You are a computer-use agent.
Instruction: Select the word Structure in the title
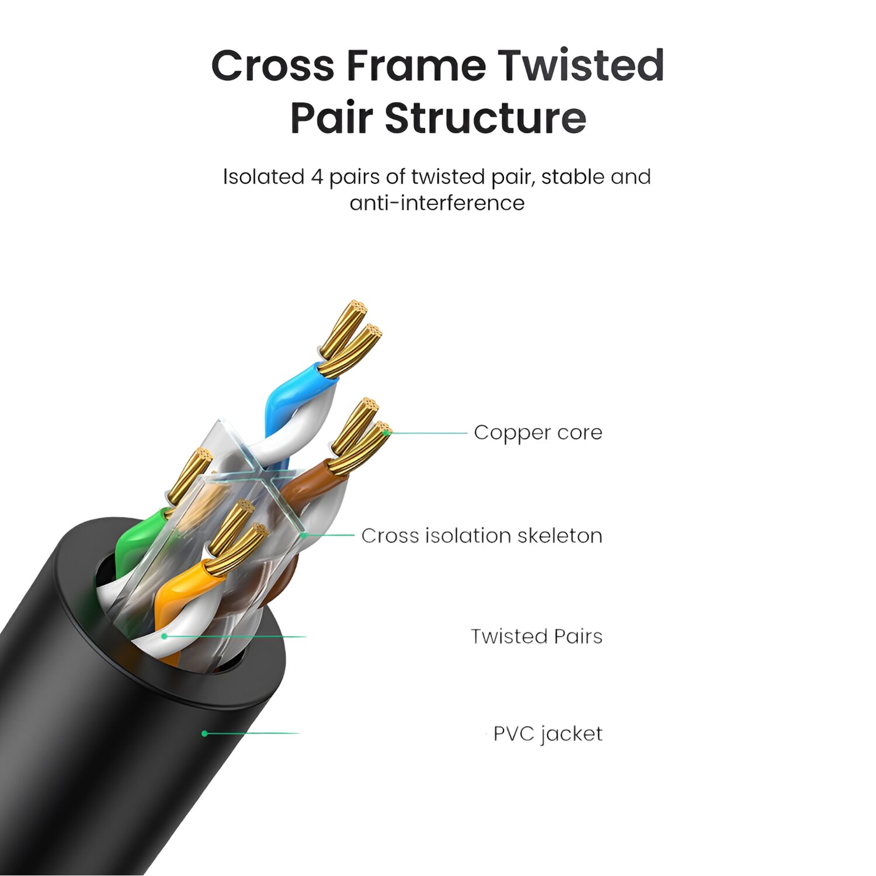pos(485,118)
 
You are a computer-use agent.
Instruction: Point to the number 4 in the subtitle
pos(317,177)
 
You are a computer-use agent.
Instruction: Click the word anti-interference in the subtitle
pos(437,203)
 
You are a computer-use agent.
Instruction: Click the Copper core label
pos(538,433)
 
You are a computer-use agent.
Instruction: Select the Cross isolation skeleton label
pos(482,536)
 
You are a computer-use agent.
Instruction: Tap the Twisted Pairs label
pos(537,637)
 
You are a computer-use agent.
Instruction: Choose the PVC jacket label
pos(548,734)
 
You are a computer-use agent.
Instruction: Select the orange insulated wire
pos(181,590)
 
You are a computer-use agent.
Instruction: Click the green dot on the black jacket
pos(204,734)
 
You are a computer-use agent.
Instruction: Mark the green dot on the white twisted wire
pos(165,636)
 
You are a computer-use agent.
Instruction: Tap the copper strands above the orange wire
pos(237,536)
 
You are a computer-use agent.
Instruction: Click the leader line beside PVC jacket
pos(252,734)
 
